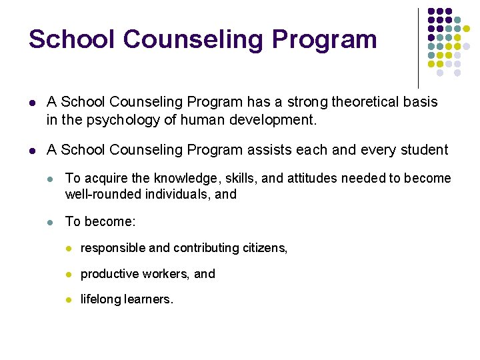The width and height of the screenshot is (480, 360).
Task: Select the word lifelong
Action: coord(99,300)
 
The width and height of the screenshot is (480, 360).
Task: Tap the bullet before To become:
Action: coord(51,221)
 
